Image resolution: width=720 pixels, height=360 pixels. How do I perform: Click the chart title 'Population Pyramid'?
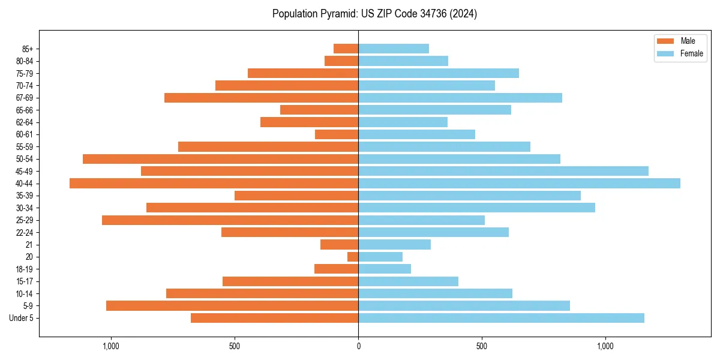pyautogui.click(x=374, y=14)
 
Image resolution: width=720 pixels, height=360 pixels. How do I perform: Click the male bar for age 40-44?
pyautogui.click(x=214, y=184)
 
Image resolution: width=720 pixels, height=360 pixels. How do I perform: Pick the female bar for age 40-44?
pyautogui.click(x=519, y=184)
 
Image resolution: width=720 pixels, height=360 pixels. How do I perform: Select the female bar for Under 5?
pyautogui.click(x=501, y=318)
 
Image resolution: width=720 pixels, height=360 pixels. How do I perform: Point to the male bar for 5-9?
pyautogui.click(x=232, y=306)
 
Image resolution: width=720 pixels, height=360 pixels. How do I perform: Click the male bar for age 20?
pyautogui.click(x=353, y=257)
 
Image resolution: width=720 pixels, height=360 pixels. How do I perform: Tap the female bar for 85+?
pyautogui.click(x=394, y=49)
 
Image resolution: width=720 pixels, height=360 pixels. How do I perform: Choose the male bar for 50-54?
pyautogui.click(x=220, y=159)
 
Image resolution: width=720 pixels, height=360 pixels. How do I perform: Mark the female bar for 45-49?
pyautogui.click(x=503, y=171)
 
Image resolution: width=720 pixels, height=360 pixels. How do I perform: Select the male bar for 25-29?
pyautogui.click(x=230, y=220)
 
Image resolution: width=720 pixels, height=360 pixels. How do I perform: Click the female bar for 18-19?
pyautogui.click(x=385, y=269)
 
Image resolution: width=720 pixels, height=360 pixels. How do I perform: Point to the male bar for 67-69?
pyautogui.click(x=261, y=98)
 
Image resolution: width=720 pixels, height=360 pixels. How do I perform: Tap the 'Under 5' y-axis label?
pyautogui.click(x=22, y=318)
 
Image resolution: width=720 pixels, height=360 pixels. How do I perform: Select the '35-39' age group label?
pyautogui.click(x=24, y=196)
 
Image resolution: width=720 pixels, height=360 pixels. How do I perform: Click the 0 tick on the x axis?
pyautogui.click(x=358, y=346)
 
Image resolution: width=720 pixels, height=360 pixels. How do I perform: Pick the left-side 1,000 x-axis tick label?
pyautogui.click(x=111, y=346)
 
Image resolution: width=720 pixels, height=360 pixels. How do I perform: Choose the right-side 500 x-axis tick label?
pyautogui.click(x=482, y=346)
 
